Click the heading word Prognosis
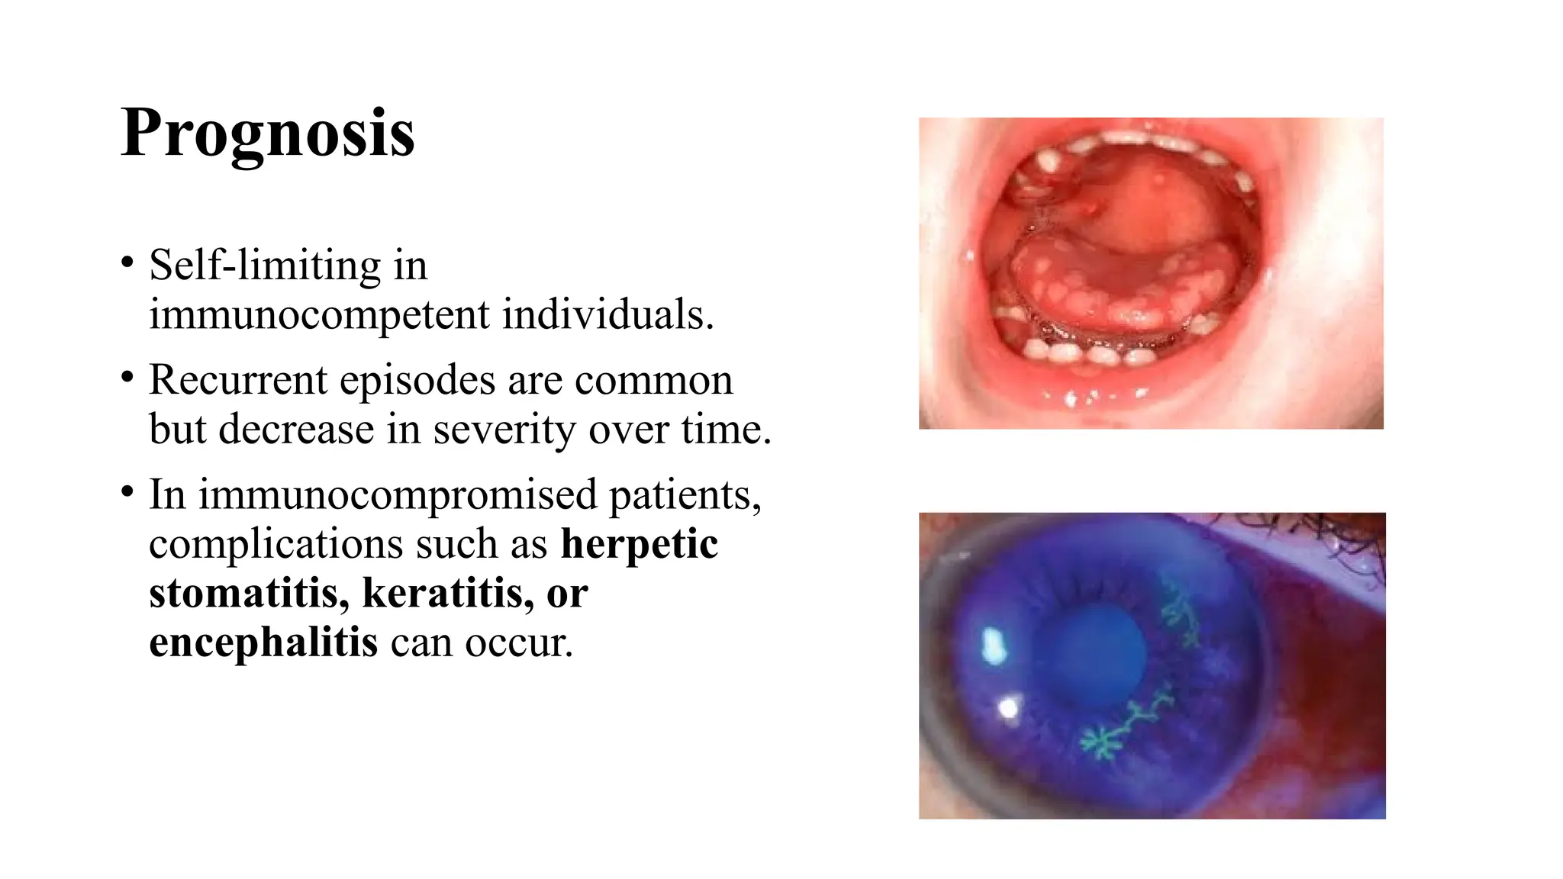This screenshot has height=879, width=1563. [x=267, y=133]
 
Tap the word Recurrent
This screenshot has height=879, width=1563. [x=237, y=380]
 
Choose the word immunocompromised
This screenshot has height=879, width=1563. [x=398, y=494]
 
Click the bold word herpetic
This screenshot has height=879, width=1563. [x=640, y=544]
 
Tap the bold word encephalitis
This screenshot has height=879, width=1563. [x=263, y=642]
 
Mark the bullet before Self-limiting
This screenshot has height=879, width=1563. [x=127, y=264]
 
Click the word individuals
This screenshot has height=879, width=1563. [x=607, y=314]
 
